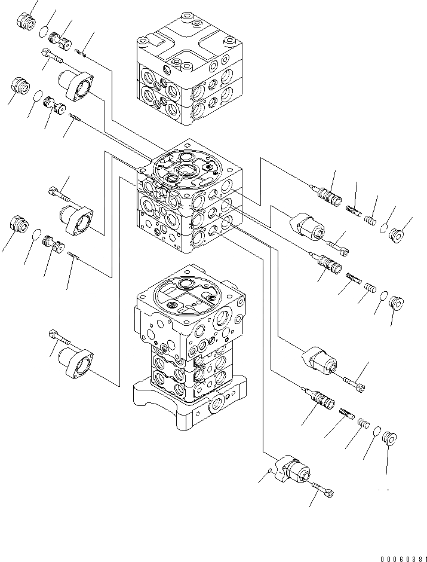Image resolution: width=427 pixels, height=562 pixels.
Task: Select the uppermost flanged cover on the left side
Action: [77, 84]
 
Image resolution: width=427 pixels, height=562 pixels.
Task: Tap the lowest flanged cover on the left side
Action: [76, 362]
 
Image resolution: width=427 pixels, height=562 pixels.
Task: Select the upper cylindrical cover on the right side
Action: [307, 228]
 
